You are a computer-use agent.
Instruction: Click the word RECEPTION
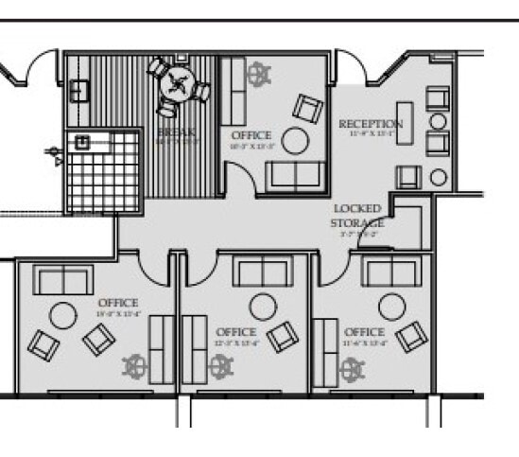click(371, 124)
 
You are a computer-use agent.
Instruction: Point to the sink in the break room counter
click(79, 89)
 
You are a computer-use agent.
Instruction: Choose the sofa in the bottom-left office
click(62, 280)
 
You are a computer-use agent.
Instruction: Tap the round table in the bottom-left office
click(63, 315)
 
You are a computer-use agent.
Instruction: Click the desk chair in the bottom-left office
click(136, 366)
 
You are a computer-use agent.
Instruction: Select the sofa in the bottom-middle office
click(263, 272)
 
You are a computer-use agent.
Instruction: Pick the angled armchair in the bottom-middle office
click(282, 335)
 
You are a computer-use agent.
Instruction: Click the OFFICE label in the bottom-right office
click(364, 332)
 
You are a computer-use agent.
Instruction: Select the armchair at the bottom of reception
click(407, 176)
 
